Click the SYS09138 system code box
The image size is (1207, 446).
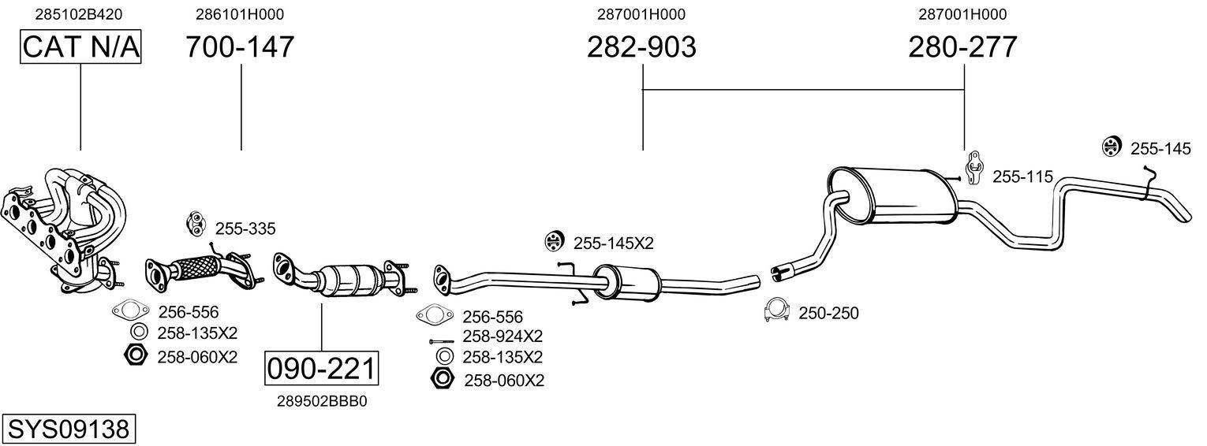click(68, 429)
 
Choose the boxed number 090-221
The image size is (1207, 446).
click(322, 369)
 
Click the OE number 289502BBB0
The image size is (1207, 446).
click(322, 401)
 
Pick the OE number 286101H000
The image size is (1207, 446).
click(240, 14)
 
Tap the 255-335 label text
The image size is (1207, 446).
click(245, 229)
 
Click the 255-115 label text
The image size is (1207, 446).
click(1022, 177)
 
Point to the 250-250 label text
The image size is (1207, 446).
click(828, 314)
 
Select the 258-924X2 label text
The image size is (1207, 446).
click(503, 336)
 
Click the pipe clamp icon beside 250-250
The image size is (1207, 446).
click(778, 311)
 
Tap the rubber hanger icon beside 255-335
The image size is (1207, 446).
click(194, 224)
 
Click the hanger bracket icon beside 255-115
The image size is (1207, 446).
click(975, 166)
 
